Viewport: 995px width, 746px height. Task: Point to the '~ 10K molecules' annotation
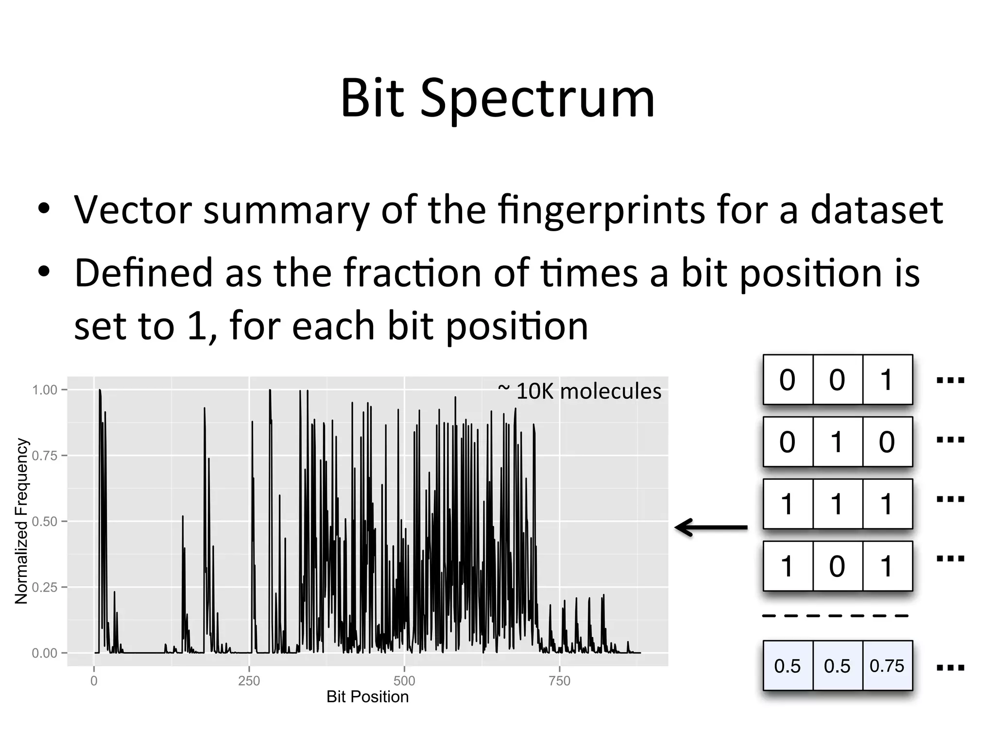pos(580,391)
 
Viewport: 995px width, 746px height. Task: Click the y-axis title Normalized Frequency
pos(21,521)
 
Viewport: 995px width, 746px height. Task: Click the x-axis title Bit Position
pos(367,697)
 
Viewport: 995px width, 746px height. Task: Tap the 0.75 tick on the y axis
pos(45,456)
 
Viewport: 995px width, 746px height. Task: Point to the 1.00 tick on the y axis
pos(45,390)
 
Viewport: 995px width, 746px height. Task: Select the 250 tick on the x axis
pos(249,681)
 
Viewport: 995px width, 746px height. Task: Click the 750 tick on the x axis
pos(559,681)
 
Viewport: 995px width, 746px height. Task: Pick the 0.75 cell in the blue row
pos(887,666)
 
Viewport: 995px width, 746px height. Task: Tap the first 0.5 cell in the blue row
pos(787,666)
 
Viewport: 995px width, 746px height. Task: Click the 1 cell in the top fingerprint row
pos(887,380)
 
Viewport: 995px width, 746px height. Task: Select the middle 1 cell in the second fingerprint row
pos(837,442)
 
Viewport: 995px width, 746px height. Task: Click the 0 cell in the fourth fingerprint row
pos(837,566)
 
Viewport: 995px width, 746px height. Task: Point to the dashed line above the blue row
pos(836,616)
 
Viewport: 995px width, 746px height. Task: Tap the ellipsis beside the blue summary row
pos(950,668)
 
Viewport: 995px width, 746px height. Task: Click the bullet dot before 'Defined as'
pos(44,272)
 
